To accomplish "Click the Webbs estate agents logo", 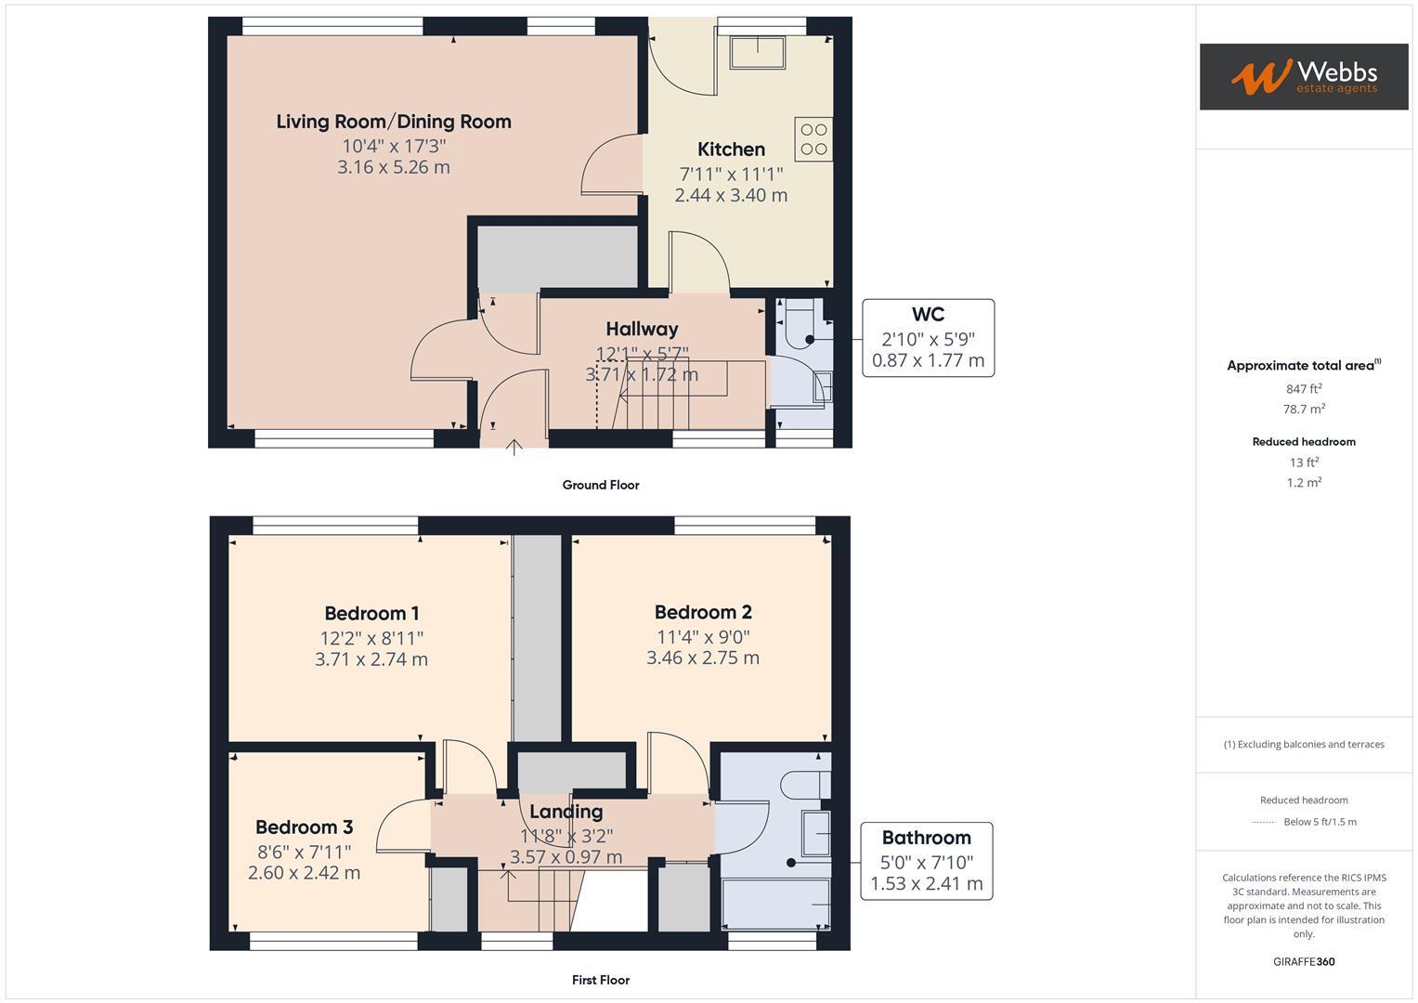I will pos(1303,76).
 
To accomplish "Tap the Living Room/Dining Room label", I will pos(394,122).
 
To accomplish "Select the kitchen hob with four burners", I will pos(813,139).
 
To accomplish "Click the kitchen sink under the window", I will pos(758,52).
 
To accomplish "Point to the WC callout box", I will pos(928,338).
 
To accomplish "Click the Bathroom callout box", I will pos(926,861).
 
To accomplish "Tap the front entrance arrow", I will pos(514,447).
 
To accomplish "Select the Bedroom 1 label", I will pos(371,614).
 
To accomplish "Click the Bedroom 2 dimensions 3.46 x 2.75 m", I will pos(703,658).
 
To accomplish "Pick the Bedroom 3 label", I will pos(304,827).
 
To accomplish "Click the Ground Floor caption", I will pos(601,485).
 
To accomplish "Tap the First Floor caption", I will pos(601,980).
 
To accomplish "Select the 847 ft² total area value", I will pos(1303,389).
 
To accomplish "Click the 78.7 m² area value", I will pos(1303,410).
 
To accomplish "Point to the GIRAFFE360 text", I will pos(1303,962).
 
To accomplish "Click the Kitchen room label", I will pos(731,150).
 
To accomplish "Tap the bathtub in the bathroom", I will pos(776,904).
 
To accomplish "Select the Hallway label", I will pos(642,329).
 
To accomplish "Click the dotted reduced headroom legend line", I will pos(1264,822).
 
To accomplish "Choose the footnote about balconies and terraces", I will pos(1303,744).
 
